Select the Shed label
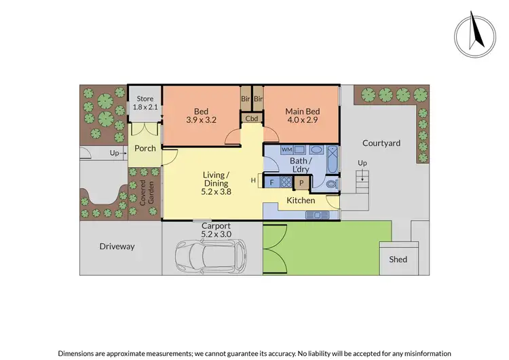(x=398, y=259)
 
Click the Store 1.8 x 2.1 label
(x=145, y=103)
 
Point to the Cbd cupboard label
(x=252, y=118)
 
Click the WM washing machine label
(x=287, y=149)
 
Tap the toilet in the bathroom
(x=331, y=183)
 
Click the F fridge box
(x=272, y=182)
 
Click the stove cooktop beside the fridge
(x=286, y=182)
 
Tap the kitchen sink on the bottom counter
(x=317, y=215)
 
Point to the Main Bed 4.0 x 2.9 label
(x=301, y=116)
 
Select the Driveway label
(x=117, y=247)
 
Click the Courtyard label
(x=381, y=143)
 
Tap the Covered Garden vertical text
(x=143, y=193)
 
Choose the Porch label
(x=145, y=148)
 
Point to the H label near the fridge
(x=252, y=180)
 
